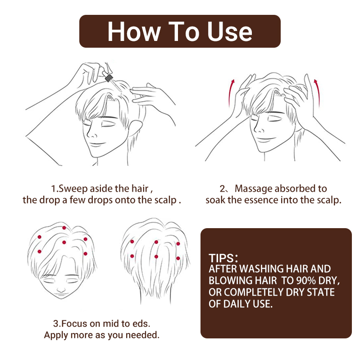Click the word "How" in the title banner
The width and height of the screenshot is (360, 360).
(x=134, y=31)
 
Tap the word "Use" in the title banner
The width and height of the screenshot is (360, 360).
(x=229, y=31)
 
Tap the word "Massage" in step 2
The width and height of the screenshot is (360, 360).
(x=253, y=189)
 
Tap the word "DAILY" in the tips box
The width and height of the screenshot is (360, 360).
(x=237, y=304)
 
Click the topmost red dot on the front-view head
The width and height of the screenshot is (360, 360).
(x=64, y=228)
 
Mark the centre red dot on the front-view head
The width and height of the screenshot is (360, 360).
(x=64, y=242)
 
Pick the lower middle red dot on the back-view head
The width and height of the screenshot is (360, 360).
(x=156, y=256)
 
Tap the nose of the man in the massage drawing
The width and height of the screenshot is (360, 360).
(x=260, y=129)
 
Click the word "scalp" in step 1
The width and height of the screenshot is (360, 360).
(x=165, y=200)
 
